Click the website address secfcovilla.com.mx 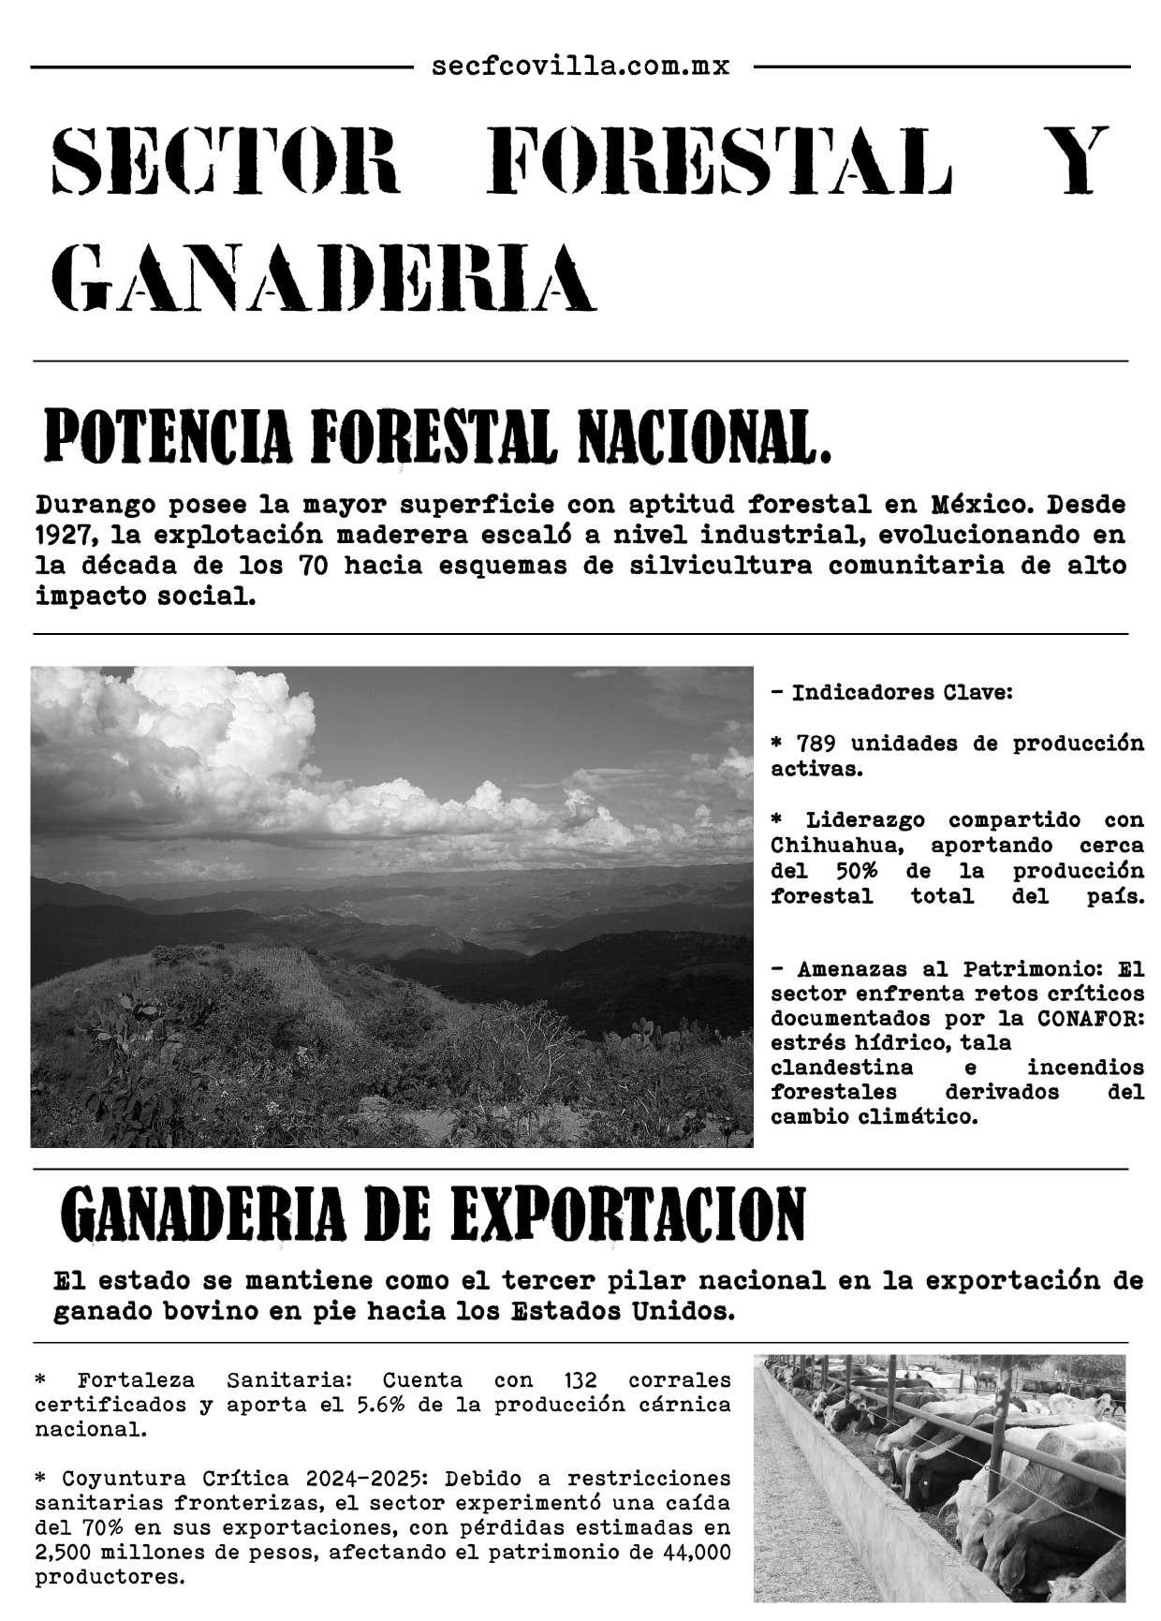(x=581, y=66)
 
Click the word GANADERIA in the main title (x=322, y=277)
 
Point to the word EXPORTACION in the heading (x=628, y=1214)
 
